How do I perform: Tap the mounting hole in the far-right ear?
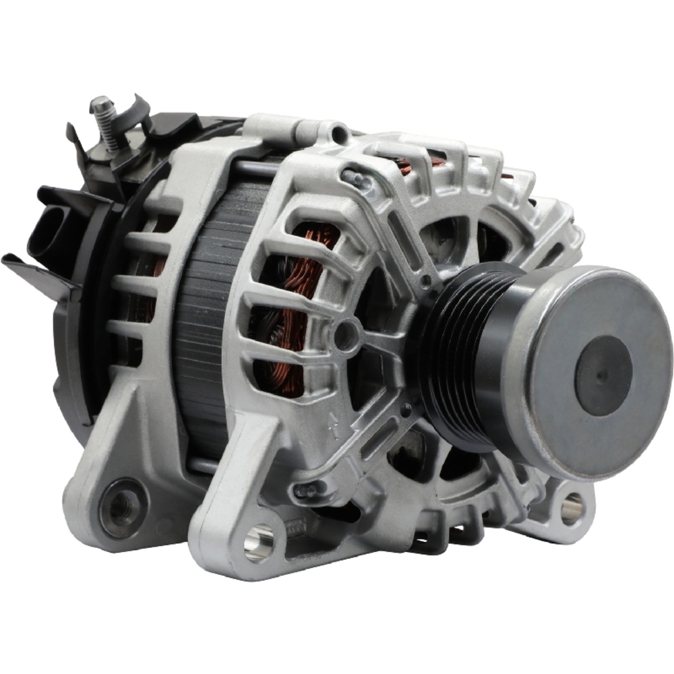[572, 508]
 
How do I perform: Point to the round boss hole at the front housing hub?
[346, 335]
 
